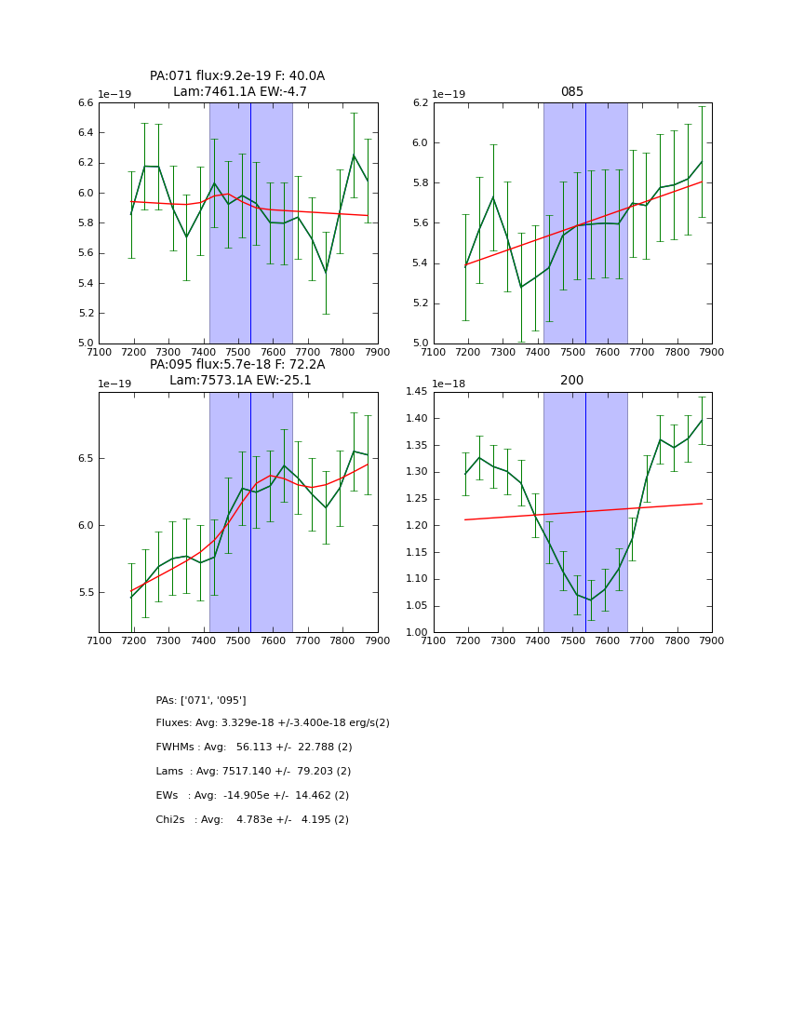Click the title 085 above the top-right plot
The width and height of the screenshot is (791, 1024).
coord(571,92)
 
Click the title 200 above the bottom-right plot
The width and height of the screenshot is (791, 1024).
coord(571,381)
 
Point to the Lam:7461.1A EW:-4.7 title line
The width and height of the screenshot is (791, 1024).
coord(239,92)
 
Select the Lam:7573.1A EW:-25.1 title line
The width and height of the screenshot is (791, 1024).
coord(240,381)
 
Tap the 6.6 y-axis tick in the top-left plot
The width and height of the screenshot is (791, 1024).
coord(85,103)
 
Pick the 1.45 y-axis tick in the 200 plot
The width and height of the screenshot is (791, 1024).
coord(416,392)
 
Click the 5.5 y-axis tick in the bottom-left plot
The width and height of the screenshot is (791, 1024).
coord(85,592)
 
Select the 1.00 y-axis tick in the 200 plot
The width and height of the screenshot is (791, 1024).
coord(416,633)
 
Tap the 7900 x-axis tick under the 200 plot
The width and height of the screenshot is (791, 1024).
coord(712,640)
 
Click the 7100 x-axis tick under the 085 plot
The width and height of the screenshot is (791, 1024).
coord(434,352)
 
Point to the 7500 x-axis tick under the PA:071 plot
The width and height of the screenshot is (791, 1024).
coord(238,352)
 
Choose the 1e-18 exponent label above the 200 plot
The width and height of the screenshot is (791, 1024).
coord(451,384)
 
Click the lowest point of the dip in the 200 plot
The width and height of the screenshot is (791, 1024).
coord(590,600)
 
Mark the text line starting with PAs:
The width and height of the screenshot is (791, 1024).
coord(201,700)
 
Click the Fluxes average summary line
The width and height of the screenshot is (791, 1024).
coord(273,723)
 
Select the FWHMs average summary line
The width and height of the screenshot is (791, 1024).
coord(254,748)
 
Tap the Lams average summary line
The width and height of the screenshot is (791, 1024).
coord(253,772)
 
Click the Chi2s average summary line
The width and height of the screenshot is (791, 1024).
coord(252,820)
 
